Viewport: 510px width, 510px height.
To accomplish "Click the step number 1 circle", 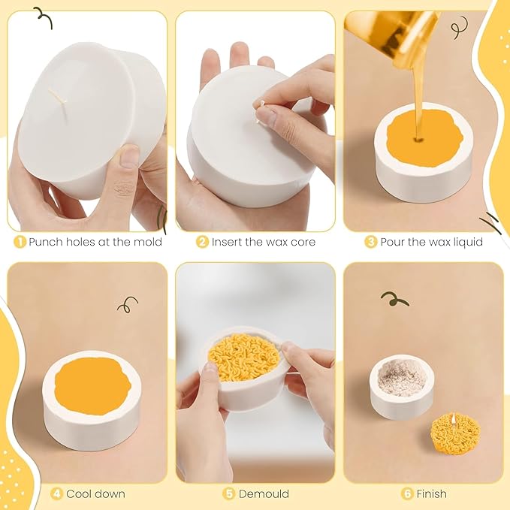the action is (x=20, y=242).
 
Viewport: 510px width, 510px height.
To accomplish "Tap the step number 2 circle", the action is (x=202, y=242).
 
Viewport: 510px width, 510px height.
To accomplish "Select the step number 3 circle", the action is (x=370, y=242).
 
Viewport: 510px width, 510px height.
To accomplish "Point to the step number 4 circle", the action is (x=56, y=494).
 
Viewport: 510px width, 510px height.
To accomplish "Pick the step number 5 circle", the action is (x=228, y=494).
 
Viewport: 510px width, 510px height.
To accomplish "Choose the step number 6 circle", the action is (x=407, y=494).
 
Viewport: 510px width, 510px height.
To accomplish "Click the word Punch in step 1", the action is (x=46, y=242).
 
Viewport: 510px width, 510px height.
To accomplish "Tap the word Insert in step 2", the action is (x=227, y=242).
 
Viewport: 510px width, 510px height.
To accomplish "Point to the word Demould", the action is (x=264, y=494).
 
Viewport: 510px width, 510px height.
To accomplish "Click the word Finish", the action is (x=432, y=494).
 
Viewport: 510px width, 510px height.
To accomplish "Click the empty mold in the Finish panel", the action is (x=402, y=386).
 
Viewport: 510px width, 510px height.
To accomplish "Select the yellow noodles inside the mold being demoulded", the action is (x=244, y=357).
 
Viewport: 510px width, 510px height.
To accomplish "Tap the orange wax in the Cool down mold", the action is (x=92, y=386).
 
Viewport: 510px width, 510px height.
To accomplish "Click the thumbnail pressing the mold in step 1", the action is (x=128, y=157).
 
